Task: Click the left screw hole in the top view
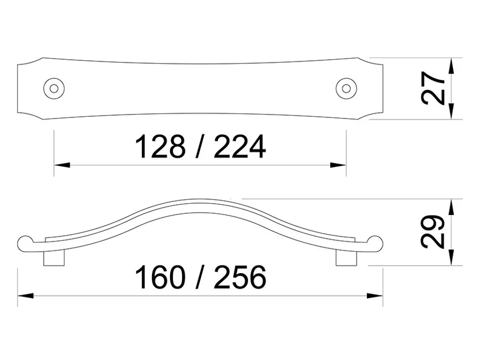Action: (x=54, y=89)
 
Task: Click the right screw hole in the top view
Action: (x=346, y=89)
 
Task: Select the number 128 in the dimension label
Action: (x=160, y=147)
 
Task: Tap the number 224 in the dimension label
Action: (x=239, y=147)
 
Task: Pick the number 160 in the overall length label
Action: (x=160, y=277)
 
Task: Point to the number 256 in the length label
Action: (x=239, y=277)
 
